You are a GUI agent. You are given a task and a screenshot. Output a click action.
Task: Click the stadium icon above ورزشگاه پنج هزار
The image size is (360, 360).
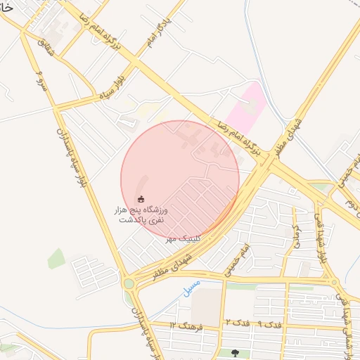click(x=141, y=200)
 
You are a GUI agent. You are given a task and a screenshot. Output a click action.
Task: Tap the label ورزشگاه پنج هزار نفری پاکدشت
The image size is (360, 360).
click(x=141, y=214)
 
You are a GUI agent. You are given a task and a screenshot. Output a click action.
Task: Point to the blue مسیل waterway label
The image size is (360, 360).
click(x=191, y=288)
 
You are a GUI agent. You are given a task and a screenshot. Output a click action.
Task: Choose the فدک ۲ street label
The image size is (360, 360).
click(x=236, y=323)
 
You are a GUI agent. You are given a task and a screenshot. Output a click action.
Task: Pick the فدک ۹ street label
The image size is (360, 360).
click(x=270, y=325)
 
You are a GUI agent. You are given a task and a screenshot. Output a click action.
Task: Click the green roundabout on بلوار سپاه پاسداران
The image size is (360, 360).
click(x=129, y=284)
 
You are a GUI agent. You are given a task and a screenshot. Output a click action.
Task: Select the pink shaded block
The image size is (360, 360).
click(x=245, y=104)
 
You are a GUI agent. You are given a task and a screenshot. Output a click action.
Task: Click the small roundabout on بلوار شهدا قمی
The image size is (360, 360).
click(x=335, y=283)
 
